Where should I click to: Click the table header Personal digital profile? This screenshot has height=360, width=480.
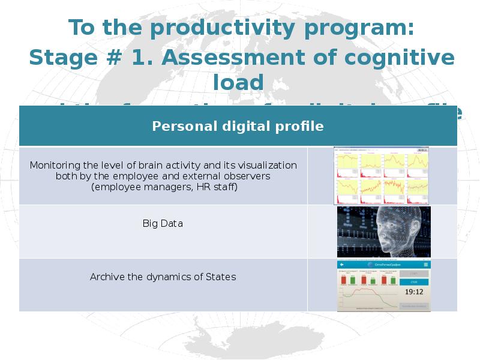click(238, 127)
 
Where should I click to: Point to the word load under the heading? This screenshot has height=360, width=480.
click(238, 82)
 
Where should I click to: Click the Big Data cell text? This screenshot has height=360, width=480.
click(163, 223)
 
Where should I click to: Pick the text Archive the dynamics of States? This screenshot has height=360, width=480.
click(163, 277)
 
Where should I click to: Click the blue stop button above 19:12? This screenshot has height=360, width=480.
click(414, 281)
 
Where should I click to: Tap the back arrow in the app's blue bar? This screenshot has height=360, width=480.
click(342, 265)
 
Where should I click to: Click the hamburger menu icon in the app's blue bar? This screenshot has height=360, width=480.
click(426, 265)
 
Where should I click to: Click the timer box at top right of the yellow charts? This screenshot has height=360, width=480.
click(422, 149)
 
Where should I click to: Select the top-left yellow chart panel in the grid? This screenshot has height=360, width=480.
click(347, 160)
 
